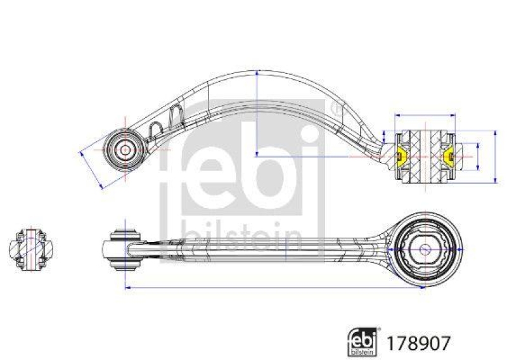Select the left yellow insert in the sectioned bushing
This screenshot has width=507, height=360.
[x=401, y=155]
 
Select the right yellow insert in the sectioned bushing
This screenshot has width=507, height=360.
[x=449, y=155]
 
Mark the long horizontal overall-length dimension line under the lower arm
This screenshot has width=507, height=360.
[x=273, y=289]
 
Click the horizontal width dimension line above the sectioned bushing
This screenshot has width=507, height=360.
[x=425, y=115]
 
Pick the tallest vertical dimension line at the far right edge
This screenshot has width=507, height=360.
[x=495, y=156]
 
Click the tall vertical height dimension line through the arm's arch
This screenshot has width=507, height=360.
[x=257, y=114]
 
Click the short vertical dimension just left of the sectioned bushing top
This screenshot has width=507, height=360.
[x=384, y=136]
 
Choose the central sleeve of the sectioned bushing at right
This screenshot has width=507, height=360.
[x=425, y=156]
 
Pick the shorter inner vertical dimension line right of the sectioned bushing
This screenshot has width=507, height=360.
[x=477, y=156]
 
